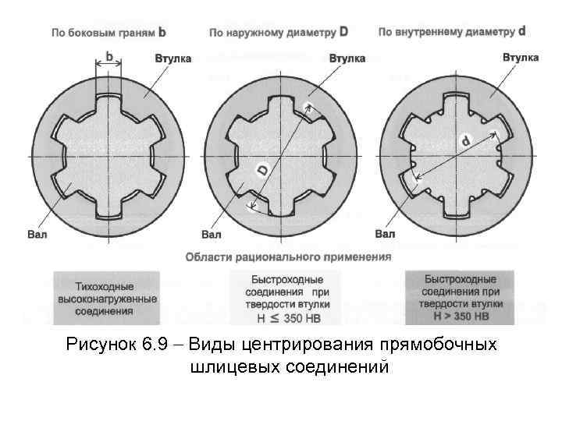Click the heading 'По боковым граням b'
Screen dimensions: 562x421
[x=108, y=33]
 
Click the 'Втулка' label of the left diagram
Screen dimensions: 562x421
[x=173, y=58]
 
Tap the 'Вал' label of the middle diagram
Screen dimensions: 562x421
[x=211, y=234]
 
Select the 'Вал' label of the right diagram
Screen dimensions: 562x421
[x=385, y=233]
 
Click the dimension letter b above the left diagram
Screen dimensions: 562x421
[x=109, y=56]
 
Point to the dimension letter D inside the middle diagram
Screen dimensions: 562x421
[x=263, y=168]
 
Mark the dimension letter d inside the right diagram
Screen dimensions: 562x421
[x=465, y=141]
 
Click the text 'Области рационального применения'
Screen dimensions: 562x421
[x=288, y=256]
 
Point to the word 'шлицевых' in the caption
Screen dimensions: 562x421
[x=227, y=366]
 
